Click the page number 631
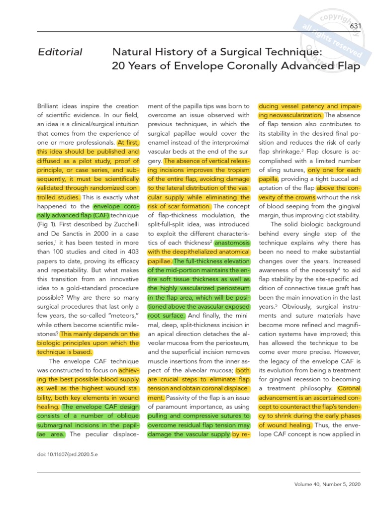[x=355, y=26]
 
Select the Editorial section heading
[x=60, y=52]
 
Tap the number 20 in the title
[x=119, y=66]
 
